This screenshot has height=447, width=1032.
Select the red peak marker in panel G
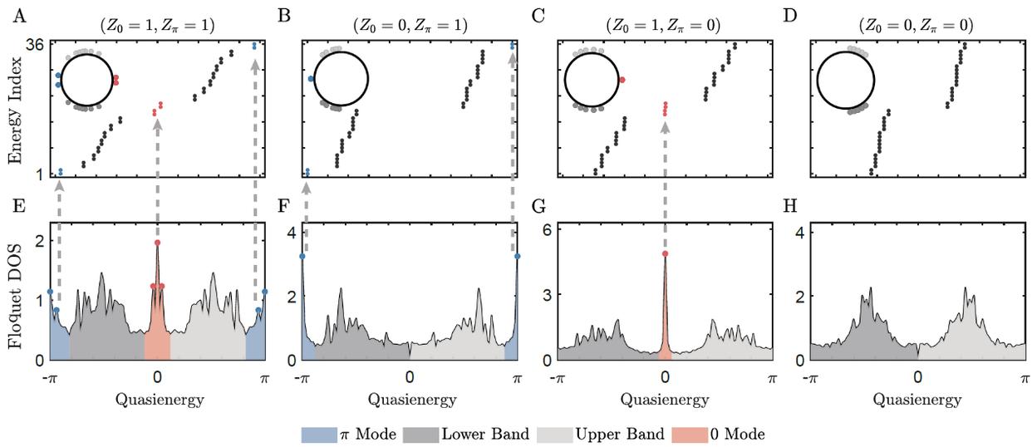pos(665,253)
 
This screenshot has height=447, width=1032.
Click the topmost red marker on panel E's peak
pos(157,243)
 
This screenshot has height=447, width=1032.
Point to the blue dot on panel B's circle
pos(311,78)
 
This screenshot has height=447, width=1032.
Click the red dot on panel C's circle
pos(622,80)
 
